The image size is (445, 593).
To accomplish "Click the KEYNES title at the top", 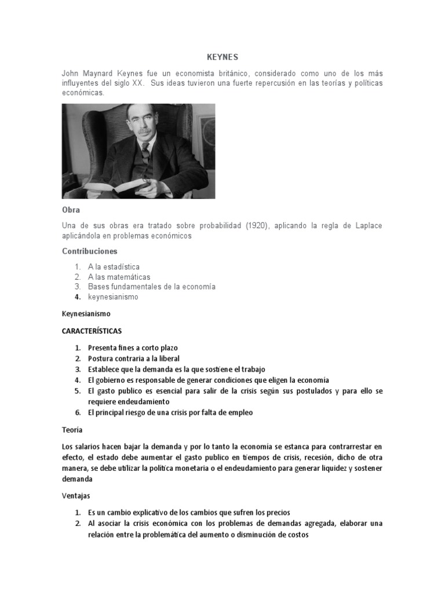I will point(222,57).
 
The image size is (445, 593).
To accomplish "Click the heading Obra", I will point(71,210).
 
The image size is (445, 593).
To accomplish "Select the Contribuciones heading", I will point(89,251).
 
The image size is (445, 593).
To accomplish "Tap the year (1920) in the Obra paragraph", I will point(256,225).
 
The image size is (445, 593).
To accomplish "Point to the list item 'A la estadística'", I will point(114,267).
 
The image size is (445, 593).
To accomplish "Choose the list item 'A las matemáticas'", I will point(119,277).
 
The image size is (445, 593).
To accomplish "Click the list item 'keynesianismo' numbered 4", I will point(113,296).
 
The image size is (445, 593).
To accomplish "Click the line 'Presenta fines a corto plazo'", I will point(133,348).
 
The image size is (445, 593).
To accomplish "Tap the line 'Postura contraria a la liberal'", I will point(133,358).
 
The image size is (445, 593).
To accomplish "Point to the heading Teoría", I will point(72,430).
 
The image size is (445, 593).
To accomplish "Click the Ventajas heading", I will point(76,496).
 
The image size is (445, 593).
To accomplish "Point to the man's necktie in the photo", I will point(145,152).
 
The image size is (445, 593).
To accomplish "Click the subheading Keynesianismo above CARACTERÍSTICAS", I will point(86,313).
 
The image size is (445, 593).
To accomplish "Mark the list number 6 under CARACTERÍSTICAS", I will point(77,412).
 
